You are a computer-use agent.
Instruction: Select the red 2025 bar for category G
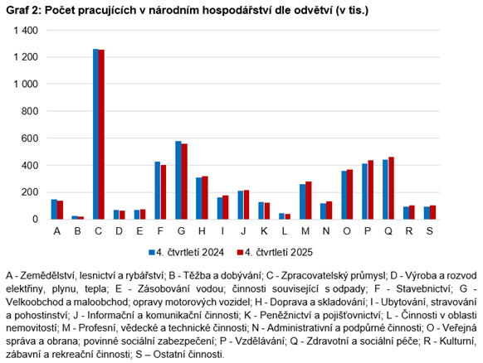[x=184, y=181]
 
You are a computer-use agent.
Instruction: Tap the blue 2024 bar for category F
[x=158, y=190]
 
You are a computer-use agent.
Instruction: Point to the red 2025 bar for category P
[x=370, y=190]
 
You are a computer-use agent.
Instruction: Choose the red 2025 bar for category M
[x=308, y=201]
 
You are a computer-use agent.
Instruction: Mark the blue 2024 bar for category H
[x=199, y=198]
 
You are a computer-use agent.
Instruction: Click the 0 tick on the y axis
[x=35, y=219]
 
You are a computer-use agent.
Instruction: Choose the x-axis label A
[x=57, y=231]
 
